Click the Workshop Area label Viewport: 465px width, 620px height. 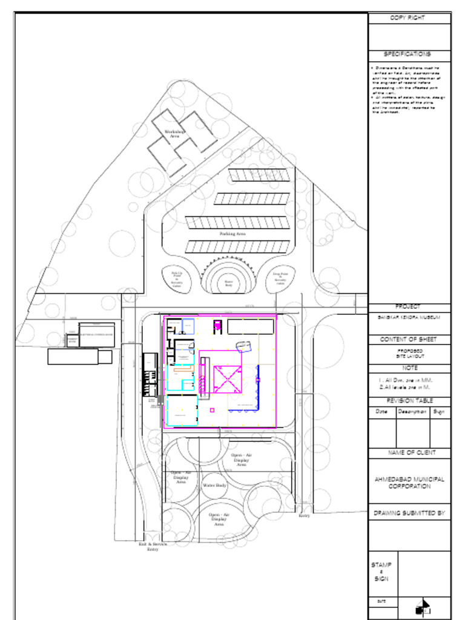click(x=175, y=134)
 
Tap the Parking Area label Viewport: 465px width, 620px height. click(x=232, y=233)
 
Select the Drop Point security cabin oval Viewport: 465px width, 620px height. click(x=280, y=279)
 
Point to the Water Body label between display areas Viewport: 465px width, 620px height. click(x=214, y=486)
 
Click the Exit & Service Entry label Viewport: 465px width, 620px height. click(x=153, y=547)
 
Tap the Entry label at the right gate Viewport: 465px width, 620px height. click(x=304, y=515)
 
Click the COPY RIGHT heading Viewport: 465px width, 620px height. click(x=410, y=18)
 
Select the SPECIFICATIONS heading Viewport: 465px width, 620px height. click(x=410, y=54)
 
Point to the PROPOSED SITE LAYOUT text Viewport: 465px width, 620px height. click(x=410, y=354)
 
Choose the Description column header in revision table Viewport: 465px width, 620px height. click(x=413, y=412)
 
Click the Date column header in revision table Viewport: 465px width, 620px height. click(x=382, y=412)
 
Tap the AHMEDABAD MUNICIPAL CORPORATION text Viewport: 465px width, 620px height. click(x=410, y=483)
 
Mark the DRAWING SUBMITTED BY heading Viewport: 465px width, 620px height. click(x=410, y=513)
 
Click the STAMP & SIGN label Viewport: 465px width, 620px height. click(x=381, y=572)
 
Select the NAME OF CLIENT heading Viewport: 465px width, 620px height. click(x=410, y=453)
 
